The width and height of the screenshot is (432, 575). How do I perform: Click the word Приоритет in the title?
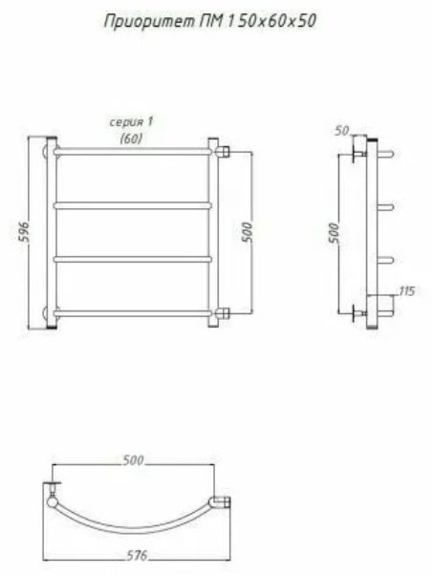(x=150, y=22)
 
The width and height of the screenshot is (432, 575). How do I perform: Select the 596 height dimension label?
(x=23, y=231)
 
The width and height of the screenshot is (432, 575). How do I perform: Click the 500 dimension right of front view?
(x=248, y=232)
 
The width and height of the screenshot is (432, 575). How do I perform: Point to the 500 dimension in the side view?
(x=334, y=232)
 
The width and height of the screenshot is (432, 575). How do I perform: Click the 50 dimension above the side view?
(x=342, y=131)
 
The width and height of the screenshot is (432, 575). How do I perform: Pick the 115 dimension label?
(x=407, y=291)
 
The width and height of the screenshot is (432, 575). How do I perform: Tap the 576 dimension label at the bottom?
(x=137, y=556)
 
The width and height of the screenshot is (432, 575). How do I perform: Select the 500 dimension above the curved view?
(x=133, y=460)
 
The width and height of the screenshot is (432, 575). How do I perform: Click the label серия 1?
(x=131, y=122)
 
